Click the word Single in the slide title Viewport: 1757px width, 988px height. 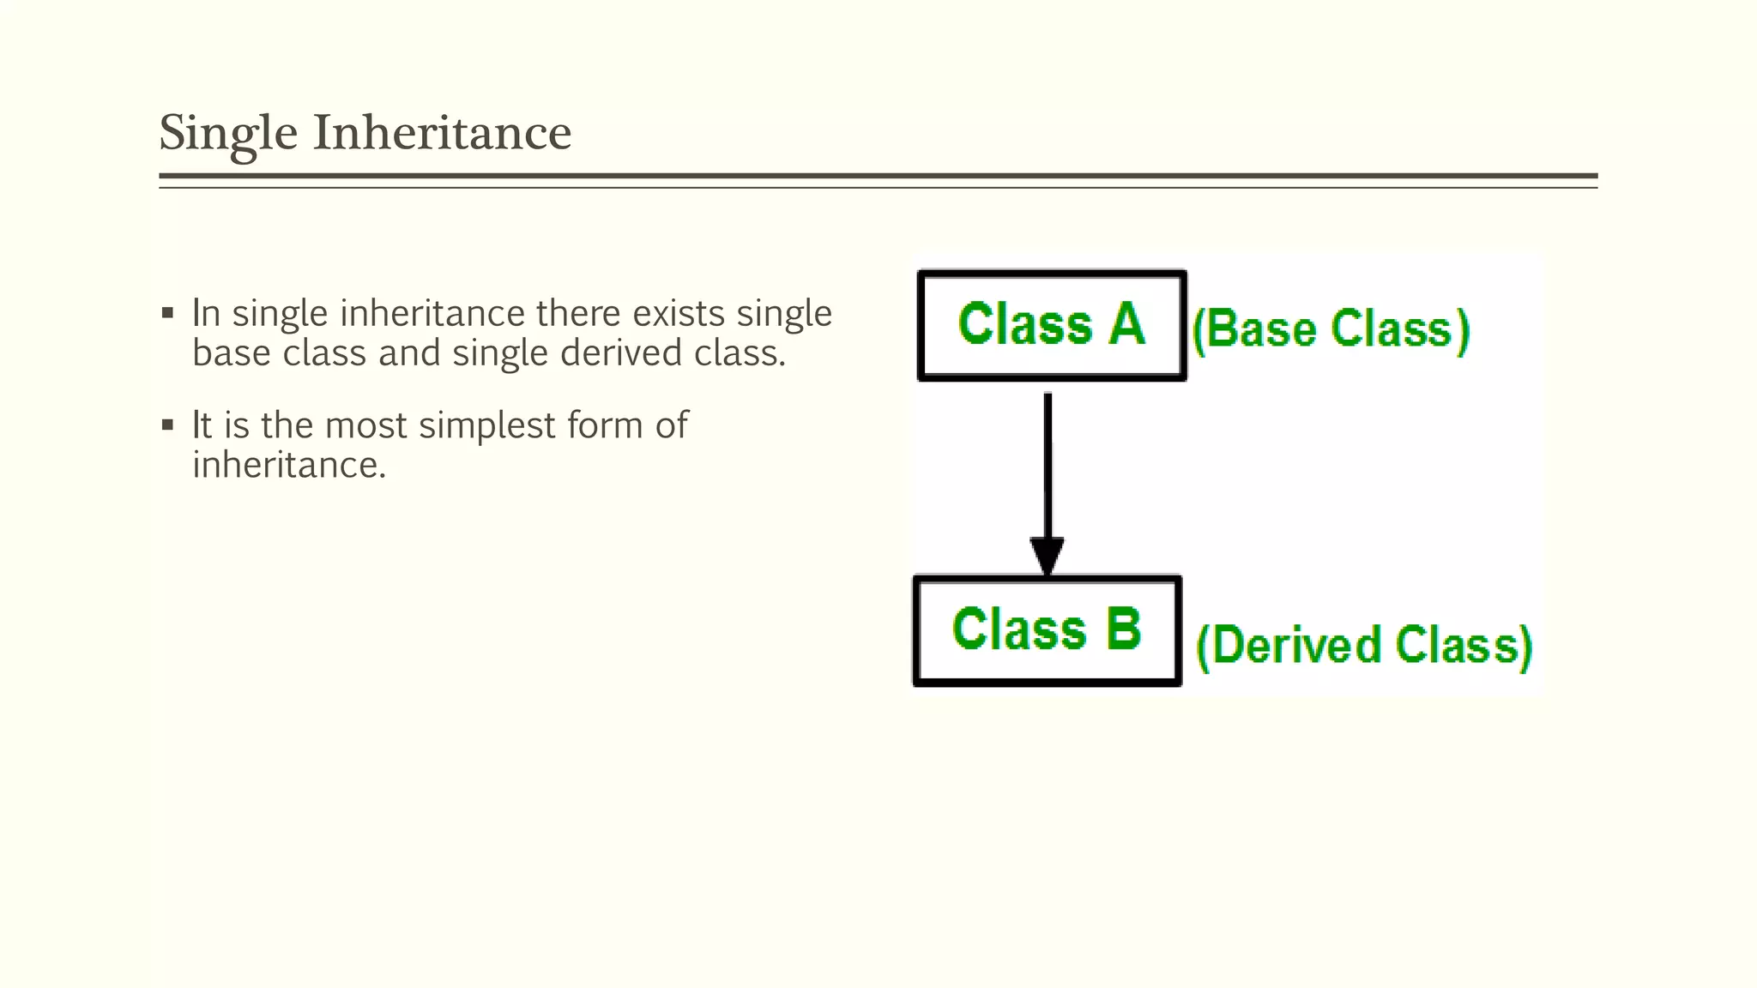click(228, 134)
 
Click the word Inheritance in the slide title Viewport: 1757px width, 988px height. click(442, 134)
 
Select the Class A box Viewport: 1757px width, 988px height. click(1052, 326)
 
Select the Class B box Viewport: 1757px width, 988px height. click(1048, 630)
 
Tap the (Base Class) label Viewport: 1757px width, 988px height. click(1331, 329)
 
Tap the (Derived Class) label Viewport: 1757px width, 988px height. click(1364, 646)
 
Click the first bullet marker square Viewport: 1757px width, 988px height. click(167, 313)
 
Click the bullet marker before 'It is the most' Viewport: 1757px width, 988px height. click(167, 425)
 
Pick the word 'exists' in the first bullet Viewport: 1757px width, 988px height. click(679, 313)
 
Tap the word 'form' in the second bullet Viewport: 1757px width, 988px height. click(604, 425)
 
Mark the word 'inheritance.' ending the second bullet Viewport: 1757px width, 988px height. click(289, 466)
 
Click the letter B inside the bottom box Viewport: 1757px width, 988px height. click(1123, 629)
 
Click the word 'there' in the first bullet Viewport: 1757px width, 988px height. click(579, 313)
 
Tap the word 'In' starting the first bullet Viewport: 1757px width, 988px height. click(206, 313)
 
